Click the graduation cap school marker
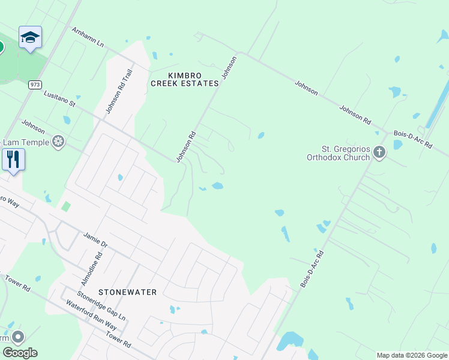coord(30,38)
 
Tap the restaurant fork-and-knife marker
coord(13,160)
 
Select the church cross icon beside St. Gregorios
coord(379,152)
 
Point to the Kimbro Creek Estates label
coord(184,79)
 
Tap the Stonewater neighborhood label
coord(127,292)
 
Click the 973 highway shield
coord(34,86)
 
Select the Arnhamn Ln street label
coord(88,37)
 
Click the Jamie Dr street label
coord(95,240)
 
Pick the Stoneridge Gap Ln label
coord(101,306)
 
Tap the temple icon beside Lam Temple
coord(58,142)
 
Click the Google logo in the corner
coord(19,353)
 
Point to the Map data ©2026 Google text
coord(411,355)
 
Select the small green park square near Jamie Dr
coord(65,206)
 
